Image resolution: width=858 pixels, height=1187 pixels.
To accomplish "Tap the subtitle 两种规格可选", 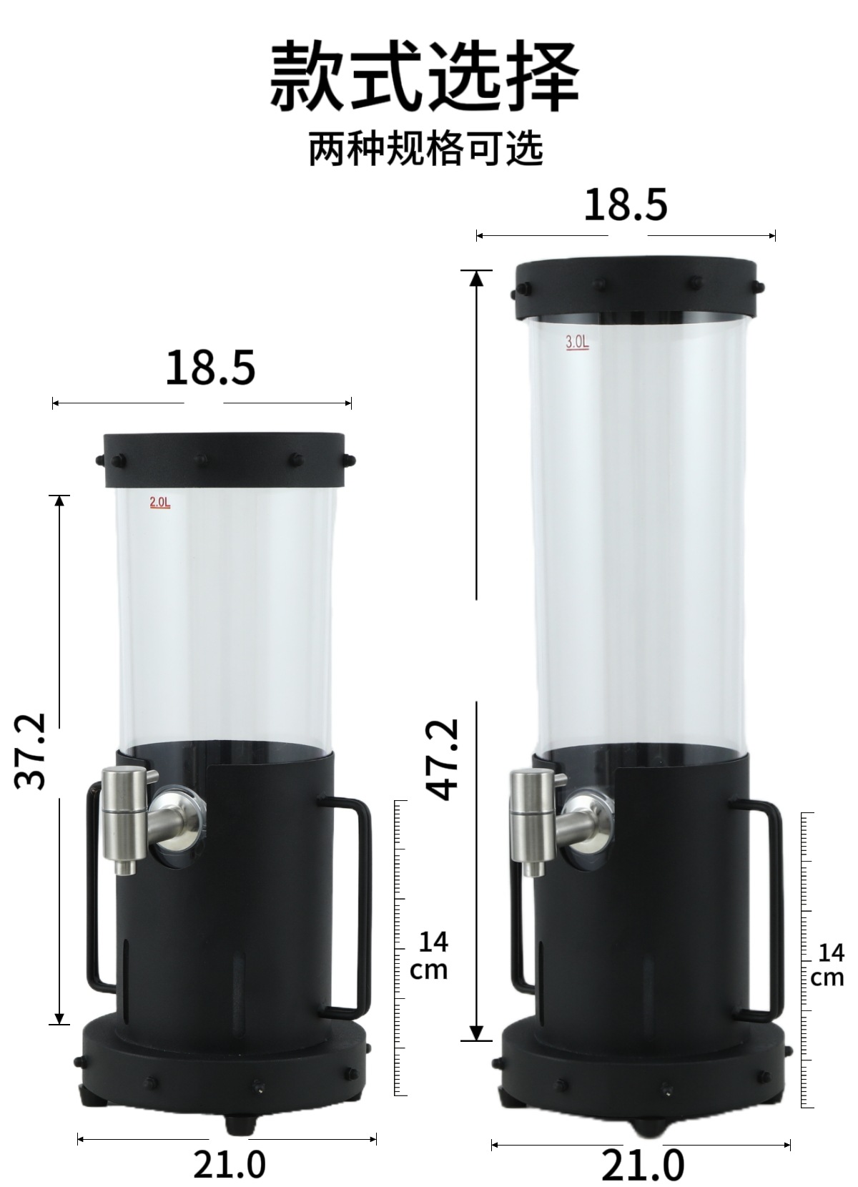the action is coord(426,149).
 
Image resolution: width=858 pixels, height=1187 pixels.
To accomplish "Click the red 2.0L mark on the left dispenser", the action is coord(160,503).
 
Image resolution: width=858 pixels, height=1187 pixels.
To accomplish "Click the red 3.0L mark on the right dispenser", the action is coord(577,342).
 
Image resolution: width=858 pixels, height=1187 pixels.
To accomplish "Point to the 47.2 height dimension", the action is coord(442,759).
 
